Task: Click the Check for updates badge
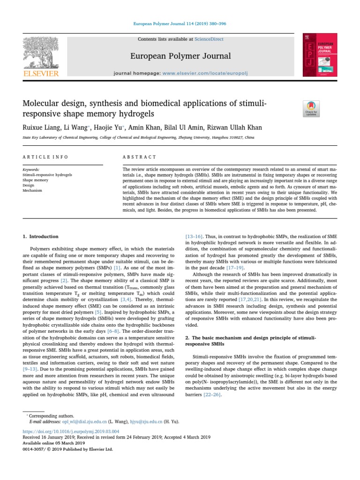pos(311,108)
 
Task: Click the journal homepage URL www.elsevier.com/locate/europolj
pos(194,74)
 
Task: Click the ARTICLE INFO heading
pos(45,157)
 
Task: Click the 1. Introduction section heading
pos(41,237)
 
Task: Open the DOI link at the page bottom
pos(71,431)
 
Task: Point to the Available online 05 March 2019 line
pos(54,442)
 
